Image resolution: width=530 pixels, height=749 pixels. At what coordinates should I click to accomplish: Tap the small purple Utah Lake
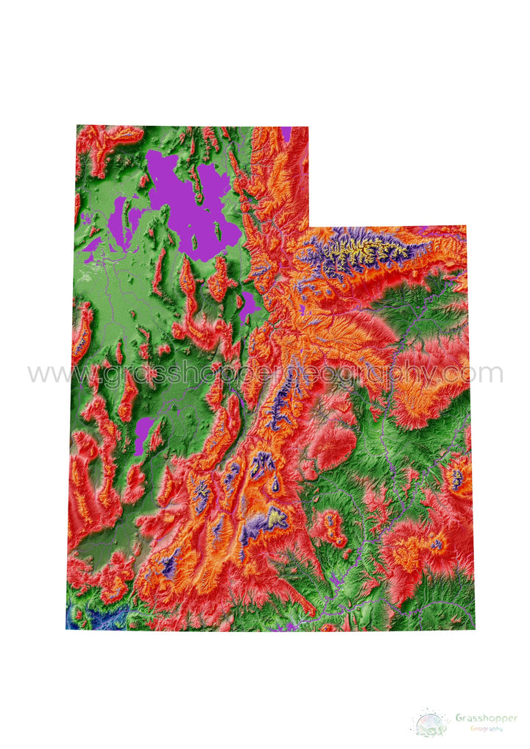[249, 303]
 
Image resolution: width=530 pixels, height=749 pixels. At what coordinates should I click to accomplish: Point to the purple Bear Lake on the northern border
[286, 133]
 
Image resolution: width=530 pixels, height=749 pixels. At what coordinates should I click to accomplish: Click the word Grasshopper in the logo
[486, 718]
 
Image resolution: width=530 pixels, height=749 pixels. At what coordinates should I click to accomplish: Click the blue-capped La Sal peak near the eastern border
[458, 478]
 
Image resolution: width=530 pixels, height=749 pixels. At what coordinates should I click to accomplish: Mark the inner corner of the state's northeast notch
[309, 227]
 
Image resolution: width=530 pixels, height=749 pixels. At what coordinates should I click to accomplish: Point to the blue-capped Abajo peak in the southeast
[437, 544]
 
